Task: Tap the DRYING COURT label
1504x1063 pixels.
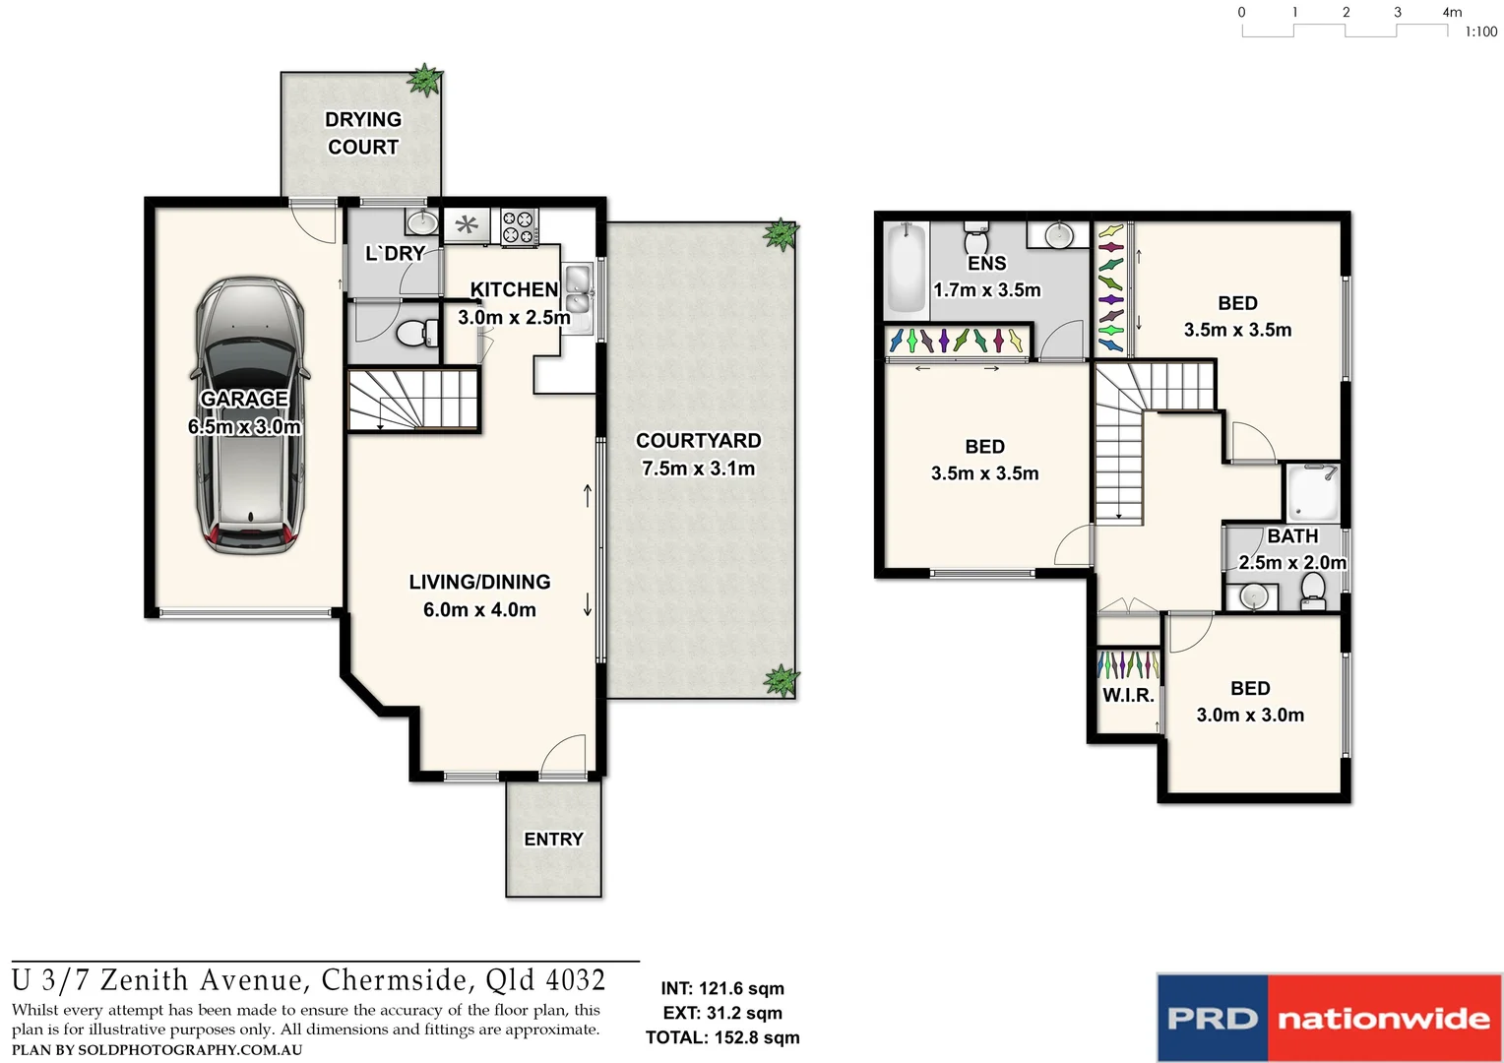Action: tap(363, 133)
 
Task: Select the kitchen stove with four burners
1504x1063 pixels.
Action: tap(519, 227)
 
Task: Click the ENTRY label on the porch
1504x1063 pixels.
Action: tap(553, 840)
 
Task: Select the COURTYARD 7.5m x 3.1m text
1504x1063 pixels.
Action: tap(698, 455)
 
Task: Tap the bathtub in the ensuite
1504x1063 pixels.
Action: tap(905, 266)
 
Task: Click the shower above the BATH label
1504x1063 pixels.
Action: tap(1313, 492)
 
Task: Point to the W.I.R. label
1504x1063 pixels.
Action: tap(1128, 695)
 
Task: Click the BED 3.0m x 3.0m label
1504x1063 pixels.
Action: tap(1250, 702)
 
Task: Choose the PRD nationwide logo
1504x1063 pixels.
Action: tap(1329, 1018)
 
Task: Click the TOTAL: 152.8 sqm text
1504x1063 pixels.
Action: tap(722, 1037)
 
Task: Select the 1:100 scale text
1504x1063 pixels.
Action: tap(1480, 31)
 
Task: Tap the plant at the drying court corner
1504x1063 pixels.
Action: tap(425, 80)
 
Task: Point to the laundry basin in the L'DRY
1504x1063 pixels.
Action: tap(422, 221)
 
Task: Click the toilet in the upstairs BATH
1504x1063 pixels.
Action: tap(1312, 591)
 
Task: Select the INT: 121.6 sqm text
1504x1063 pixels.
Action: tap(722, 988)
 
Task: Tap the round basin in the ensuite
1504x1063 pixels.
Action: tap(1058, 235)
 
